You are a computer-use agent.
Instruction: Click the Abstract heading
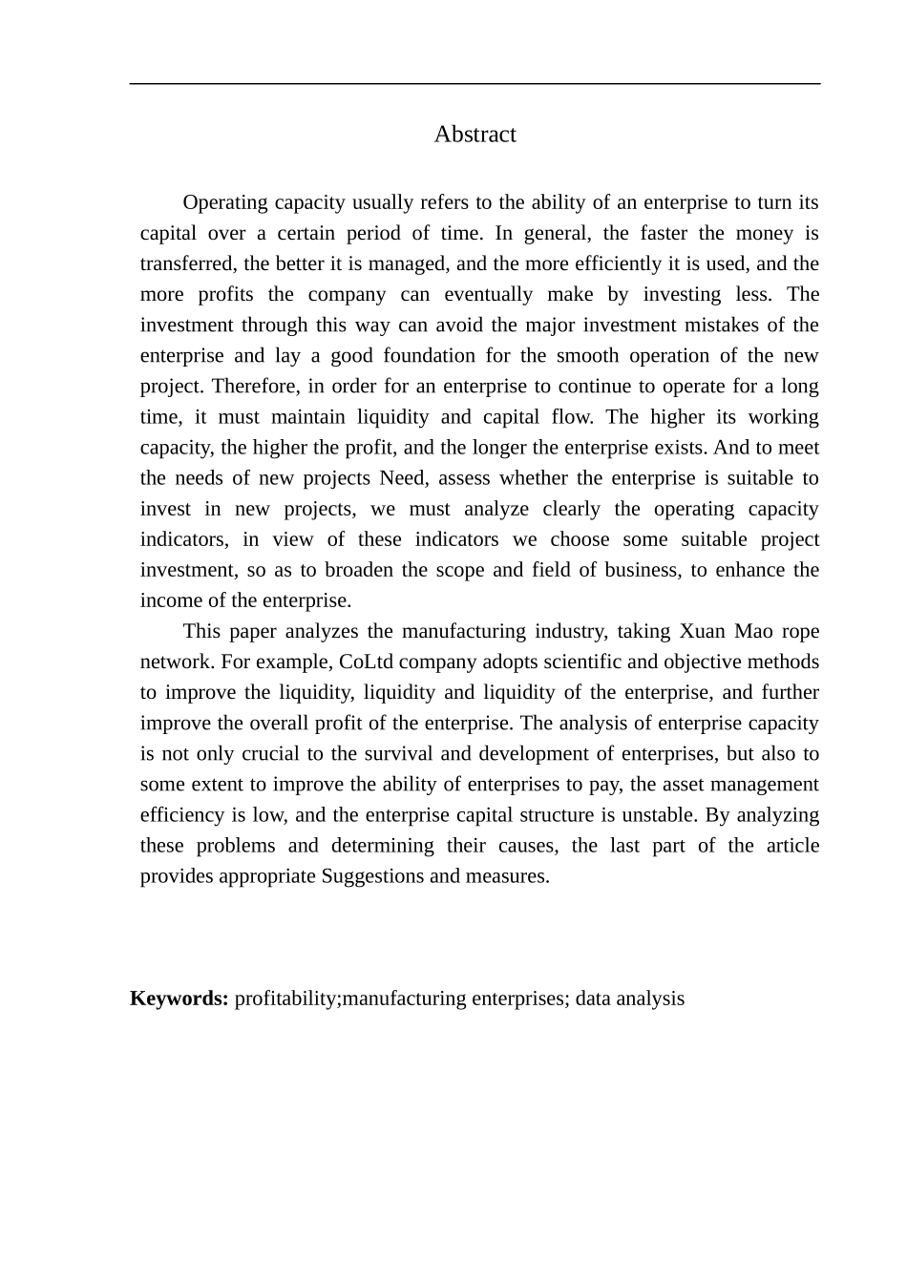point(475,135)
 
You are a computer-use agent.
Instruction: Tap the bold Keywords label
point(179,999)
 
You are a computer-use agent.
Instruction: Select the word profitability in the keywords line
point(286,999)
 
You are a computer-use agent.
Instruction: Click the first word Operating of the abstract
point(224,202)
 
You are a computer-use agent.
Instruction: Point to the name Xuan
point(702,631)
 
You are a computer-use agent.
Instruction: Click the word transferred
point(187,263)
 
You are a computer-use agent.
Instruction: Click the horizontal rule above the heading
point(475,84)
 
